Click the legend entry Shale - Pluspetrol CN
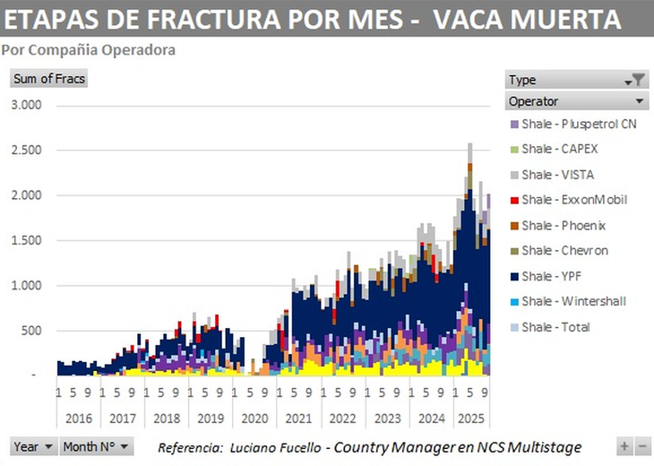tap(579, 124)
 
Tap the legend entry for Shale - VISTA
tap(557, 174)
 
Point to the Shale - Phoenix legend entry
tap(564, 225)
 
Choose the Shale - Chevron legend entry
tap(564, 250)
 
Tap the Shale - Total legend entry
tap(555, 327)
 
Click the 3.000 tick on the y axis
tap(26, 105)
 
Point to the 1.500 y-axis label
tap(26, 240)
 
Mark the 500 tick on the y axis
tap(31, 331)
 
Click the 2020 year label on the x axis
tap(254, 418)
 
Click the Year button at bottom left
tap(34, 446)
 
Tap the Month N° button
tap(97, 446)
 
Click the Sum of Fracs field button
tap(48, 79)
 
